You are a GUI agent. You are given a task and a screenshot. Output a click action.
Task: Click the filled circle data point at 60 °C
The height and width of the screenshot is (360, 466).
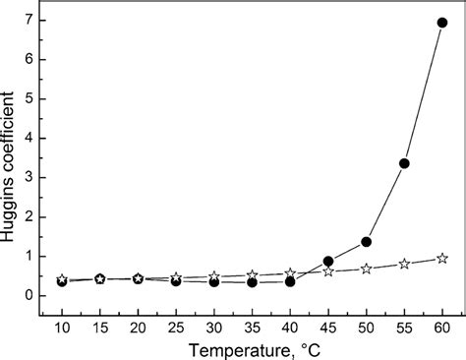[x=441, y=22]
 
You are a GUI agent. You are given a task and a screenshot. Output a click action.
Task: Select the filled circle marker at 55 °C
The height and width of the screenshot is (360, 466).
[x=404, y=163]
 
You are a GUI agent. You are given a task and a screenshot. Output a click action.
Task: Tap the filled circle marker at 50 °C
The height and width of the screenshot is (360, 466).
[x=366, y=241]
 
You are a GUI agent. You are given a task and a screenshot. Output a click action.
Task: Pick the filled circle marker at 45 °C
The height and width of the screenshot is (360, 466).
[x=328, y=261]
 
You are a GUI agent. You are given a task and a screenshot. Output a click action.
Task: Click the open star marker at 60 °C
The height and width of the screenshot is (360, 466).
[x=441, y=258]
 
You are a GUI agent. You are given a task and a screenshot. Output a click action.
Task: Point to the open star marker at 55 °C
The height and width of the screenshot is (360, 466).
[x=404, y=264]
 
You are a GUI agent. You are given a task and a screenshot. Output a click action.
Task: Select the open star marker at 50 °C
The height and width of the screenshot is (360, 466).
[x=366, y=269]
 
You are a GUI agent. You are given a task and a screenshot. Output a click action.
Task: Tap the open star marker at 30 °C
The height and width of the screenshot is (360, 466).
[x=214, y=276]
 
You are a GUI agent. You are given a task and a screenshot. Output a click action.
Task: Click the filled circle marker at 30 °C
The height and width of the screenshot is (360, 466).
[x=214, y=282]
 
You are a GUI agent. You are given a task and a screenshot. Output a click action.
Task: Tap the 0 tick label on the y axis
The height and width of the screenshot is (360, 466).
[x=31, y=295]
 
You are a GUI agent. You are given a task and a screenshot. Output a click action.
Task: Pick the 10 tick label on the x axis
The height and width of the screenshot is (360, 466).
[x=62, y=325]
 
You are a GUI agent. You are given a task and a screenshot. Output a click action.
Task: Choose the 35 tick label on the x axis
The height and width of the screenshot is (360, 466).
[x=252, y=325]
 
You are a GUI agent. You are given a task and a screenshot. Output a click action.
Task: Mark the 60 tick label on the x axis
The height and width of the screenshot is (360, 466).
[x=441, y=325]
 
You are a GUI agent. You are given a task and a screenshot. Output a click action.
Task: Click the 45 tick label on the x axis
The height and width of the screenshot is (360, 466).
[x=328, y=325]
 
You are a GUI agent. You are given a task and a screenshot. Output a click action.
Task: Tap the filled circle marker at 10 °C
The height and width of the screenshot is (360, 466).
[x=62, y=281]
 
